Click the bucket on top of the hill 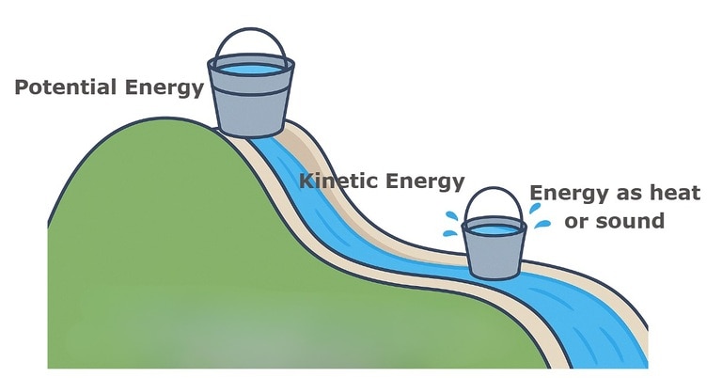(250, 99)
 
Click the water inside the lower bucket (494, 228)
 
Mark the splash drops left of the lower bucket (452, 222)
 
